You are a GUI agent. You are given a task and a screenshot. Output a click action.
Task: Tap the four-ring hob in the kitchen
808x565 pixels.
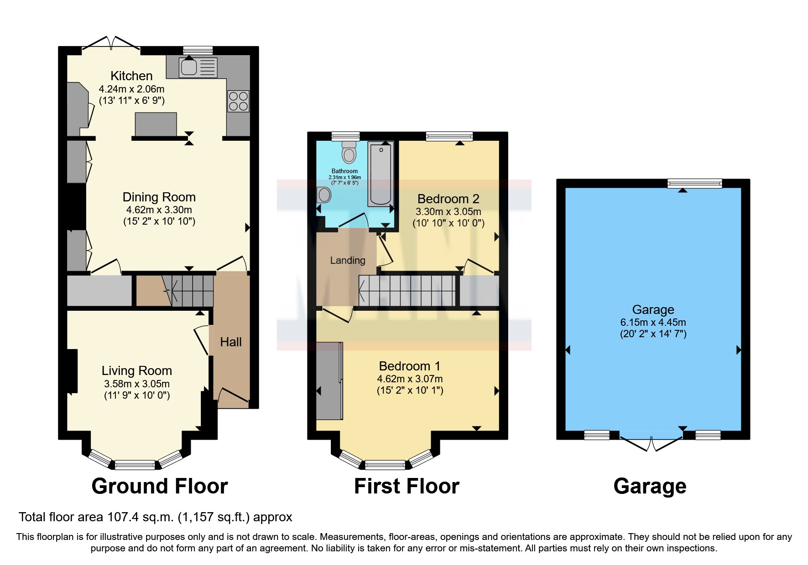[238, 101]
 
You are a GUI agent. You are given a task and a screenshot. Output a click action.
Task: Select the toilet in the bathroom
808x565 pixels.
[349, 152]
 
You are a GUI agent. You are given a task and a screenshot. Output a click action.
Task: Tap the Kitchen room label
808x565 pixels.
[131, 76]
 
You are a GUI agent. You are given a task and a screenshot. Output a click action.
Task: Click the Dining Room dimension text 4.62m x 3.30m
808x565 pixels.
[159, 210]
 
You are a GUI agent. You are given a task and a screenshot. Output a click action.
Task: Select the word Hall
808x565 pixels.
[230, 342]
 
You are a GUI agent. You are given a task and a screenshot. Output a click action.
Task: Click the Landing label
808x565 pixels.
[348, 260]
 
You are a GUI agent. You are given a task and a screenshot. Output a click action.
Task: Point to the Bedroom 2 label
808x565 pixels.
[448, 199]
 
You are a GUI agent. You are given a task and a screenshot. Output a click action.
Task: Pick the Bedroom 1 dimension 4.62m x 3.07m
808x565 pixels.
[409, 379]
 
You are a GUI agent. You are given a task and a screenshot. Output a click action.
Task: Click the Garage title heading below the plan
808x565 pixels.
[649, 486]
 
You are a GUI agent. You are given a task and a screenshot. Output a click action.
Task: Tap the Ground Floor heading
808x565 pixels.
[159, 486]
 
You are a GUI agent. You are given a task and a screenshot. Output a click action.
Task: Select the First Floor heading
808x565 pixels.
[406, 486]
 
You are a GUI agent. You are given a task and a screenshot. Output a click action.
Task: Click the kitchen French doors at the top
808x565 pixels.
[111, 43]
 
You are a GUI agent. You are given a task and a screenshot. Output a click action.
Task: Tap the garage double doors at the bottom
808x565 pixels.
[651, 442]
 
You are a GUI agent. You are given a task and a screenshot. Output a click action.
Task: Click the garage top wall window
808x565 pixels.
[694, 184]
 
